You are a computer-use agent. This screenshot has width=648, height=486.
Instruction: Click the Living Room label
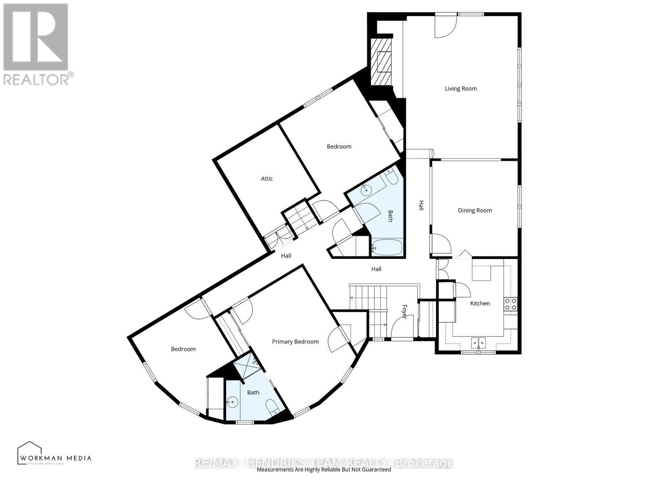click(x=460, y=89)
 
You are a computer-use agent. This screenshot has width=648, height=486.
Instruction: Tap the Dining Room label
click(x=475, y=211)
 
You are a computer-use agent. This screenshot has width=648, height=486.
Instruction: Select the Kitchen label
click(x=480, y=303)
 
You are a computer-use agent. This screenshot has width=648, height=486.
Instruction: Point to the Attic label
click(x=266, y=179)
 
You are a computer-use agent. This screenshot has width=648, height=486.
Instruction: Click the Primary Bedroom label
click(x=295, y=342)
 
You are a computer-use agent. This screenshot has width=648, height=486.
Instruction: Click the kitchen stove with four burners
click(x=510, y=304)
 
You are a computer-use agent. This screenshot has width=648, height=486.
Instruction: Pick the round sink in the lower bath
click(x=233, y=403)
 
